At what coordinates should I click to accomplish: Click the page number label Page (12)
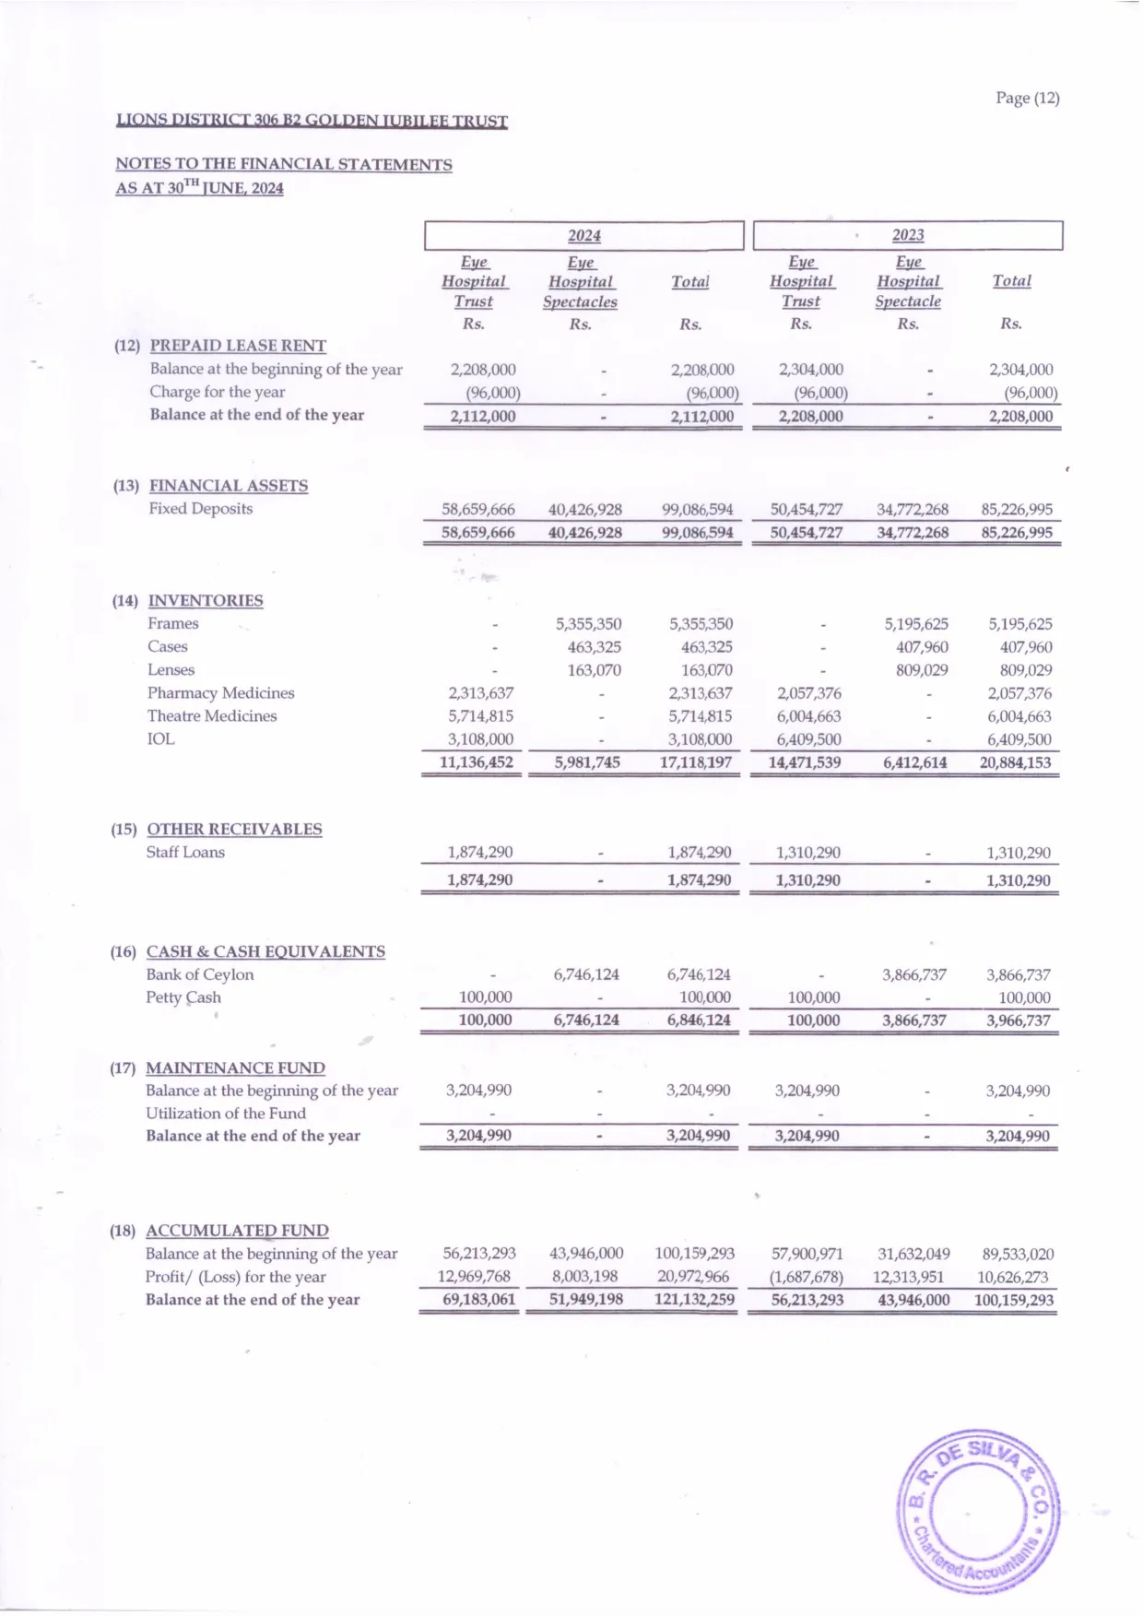coord(1027,98)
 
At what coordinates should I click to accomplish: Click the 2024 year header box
coord(583,236)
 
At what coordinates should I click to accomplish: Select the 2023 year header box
coord(907,236)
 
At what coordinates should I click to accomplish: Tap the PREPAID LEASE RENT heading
coord(238,346)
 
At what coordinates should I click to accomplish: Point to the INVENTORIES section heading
coord(206,601)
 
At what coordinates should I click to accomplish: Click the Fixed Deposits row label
coord(200,509)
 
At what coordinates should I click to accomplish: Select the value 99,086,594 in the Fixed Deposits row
coord(697,510)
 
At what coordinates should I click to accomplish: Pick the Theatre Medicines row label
coord(211,716)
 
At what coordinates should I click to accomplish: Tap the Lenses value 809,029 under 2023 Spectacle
coord(922,670)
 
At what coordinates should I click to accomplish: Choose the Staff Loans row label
coord(184,853)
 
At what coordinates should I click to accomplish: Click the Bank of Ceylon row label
coord(199,974)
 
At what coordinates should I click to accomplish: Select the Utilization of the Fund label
coord(225,1114)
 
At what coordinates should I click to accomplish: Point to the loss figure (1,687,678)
coord(807,1278)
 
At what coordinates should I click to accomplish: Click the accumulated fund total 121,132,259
coord(693,1301)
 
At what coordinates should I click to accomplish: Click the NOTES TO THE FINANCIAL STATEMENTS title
coord(283,165)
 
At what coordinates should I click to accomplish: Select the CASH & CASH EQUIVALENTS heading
coord(265,951)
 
